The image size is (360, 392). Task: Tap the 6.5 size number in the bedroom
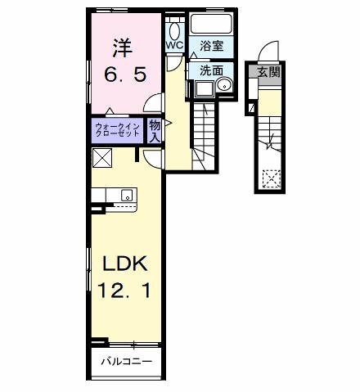[125, 74]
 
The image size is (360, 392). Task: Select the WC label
[175, 46]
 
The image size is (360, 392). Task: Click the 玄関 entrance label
[268, 72]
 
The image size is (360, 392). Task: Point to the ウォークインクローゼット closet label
[116, 130]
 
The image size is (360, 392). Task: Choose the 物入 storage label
[155, 129]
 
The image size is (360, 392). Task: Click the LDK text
[124, 264]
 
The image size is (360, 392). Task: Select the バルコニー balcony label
[125, 361]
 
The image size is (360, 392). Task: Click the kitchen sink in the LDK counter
[127, 195]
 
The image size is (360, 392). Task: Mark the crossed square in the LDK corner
[102, 158]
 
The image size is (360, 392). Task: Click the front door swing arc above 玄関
[272, 56]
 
